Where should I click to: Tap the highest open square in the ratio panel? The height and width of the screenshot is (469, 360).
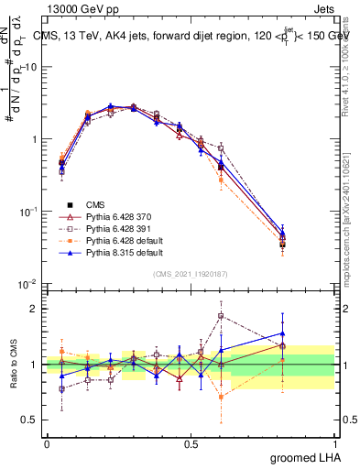[x=221, y=316]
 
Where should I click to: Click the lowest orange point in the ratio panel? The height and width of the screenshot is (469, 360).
[x=221, y=397]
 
